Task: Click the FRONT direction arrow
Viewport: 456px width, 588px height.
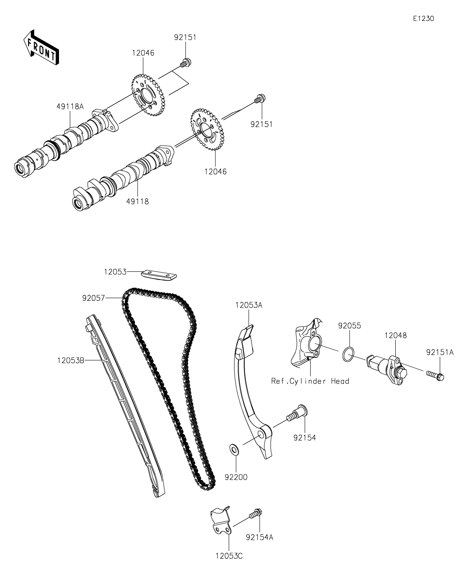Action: coord(41,48)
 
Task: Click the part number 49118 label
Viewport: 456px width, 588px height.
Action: coord(138,201)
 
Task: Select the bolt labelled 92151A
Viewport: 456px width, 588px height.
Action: coord(435,376)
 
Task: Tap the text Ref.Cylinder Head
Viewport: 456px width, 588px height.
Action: coord(310,381)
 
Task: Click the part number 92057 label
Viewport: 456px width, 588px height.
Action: coord(94,298)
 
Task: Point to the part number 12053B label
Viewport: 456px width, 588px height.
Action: coord(71,361)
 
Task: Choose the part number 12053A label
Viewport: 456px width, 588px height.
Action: coord(248,305)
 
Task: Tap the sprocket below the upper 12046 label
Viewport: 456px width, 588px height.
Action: coord(147,94)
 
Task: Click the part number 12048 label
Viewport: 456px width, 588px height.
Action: coord(395,335)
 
